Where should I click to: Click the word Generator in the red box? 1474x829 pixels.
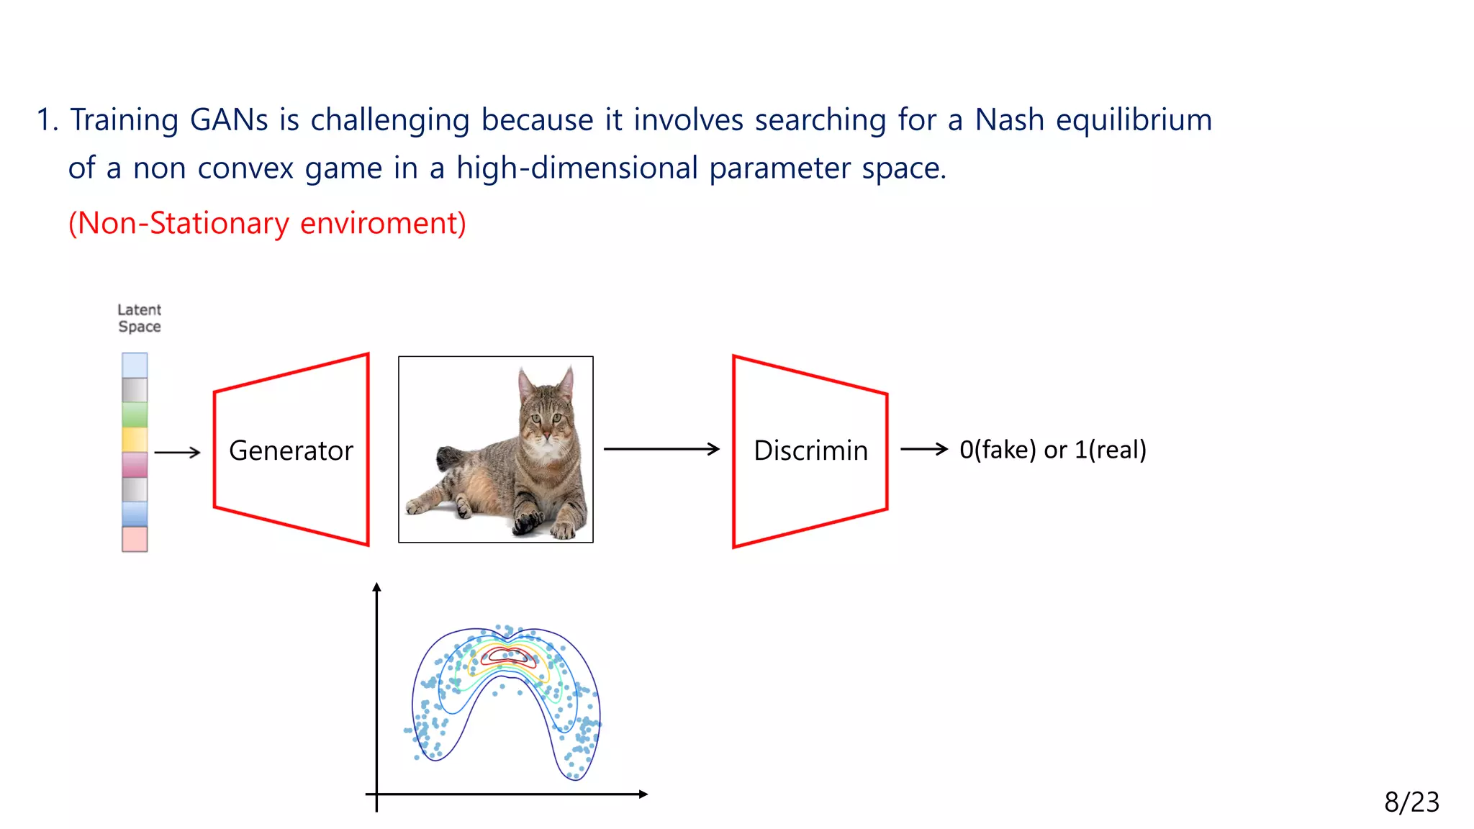click(291, 450)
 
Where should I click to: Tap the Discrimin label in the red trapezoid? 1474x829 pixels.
click(810, 450)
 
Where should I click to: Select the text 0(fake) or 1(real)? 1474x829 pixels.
click(1052, 450)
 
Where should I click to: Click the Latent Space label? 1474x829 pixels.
click(140, 318)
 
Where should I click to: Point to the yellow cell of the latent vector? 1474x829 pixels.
click(135, 439)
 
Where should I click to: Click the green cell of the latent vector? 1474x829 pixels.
click(135, 414)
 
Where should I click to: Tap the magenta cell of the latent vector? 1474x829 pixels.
click(135, 464)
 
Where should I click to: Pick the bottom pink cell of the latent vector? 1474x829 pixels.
click(135, 539)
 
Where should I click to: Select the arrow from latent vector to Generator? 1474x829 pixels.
click(177, 453)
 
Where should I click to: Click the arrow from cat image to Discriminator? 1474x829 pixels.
click(661, 449)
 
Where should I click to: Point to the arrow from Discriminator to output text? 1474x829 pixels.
click(924, 449)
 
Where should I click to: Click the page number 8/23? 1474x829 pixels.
click(1411, 802)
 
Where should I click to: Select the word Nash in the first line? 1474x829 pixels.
click(1009, 120)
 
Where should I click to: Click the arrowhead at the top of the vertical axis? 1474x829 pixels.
click(376, 588)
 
